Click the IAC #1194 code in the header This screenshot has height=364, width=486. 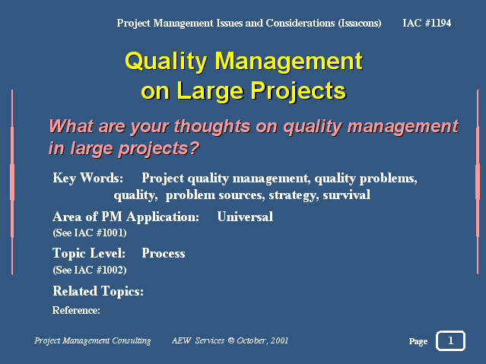pos(427,23)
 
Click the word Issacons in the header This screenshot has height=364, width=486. pos(360,24)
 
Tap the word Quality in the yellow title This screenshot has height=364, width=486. pos(166,62)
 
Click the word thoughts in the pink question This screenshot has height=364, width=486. pos(212,126)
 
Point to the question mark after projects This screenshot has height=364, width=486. pos(195,147)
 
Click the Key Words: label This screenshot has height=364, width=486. pos(88,178)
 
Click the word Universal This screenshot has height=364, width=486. pos(245,217)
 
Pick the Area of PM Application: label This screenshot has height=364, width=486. pos(125,217)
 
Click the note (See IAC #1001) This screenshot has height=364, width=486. pos(90,233)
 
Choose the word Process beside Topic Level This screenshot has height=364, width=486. pos(164,253)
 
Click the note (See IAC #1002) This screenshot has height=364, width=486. pos(90,270)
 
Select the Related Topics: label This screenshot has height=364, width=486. pos(98,291)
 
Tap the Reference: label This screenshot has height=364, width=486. pos(76,310)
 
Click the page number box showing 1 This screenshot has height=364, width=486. pos(451,340)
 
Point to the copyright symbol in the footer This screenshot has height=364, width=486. pos(231,340)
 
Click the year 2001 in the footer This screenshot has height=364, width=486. pos(279,340)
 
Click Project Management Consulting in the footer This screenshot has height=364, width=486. pos(92,340)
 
